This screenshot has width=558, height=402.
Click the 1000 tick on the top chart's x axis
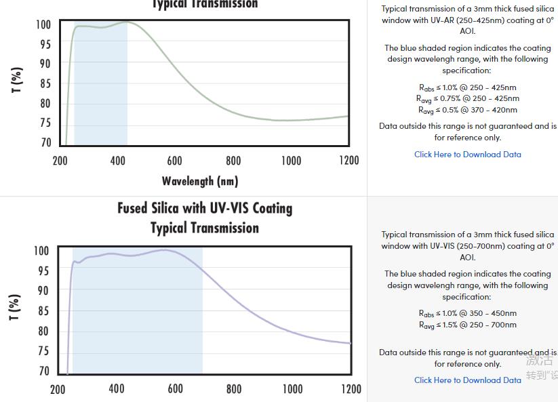click(x=292, y=161)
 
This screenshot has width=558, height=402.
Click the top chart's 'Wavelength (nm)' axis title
click(x=200, y=181)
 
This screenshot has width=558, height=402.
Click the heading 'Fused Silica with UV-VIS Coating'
click(x=205, y=208)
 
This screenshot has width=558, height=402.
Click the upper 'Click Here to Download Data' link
click(x=468, y=155)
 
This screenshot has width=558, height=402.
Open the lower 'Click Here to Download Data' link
click(x=468, y=380)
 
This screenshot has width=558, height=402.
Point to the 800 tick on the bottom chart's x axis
click(x=234, y=389)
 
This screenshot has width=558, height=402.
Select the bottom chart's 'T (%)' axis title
click(x=15, y=307)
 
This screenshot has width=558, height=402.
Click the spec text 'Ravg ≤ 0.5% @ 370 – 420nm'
click(x=468, y=110)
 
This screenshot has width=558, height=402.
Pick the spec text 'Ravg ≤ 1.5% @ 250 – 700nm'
click(x=468, y=325)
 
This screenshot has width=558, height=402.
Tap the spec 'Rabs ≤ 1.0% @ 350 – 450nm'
click(x=468, y=313)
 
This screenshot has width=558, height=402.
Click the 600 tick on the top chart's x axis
click(x=175, y=161)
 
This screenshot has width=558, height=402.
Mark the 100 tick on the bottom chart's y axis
click(x=42, y=251)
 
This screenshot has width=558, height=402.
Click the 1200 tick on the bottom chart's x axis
click(x=351, y=389)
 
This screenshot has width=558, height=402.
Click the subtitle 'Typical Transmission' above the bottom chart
click(x=205, y=228)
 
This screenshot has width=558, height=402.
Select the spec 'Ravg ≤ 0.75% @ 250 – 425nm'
click(x=468, y=98)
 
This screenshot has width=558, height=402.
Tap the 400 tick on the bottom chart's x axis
click(x=117, y=389)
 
